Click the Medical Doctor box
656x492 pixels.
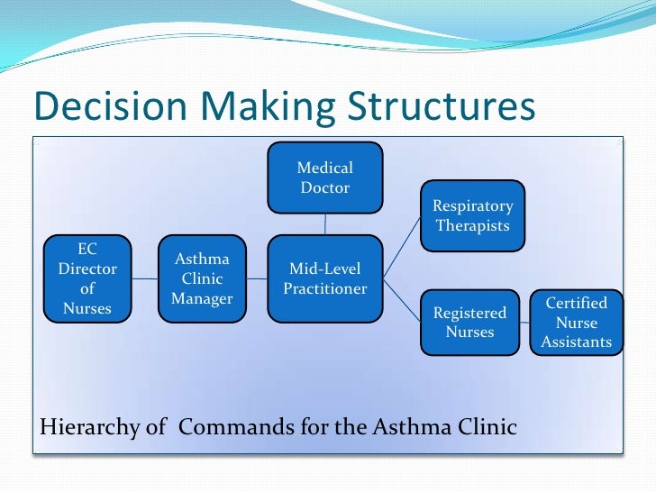point(325,178)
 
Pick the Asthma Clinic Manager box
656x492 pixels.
point(202,278)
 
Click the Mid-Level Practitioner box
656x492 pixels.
point(325,278)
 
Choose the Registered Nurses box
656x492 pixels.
point(469,322)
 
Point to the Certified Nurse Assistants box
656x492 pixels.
point(577,322)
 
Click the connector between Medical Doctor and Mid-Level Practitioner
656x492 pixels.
point(325,223)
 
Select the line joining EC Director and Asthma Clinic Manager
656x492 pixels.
point(145,278)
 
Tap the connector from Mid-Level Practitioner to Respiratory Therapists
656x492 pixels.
point(402,245)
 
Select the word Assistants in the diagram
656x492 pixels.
point(577,342)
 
